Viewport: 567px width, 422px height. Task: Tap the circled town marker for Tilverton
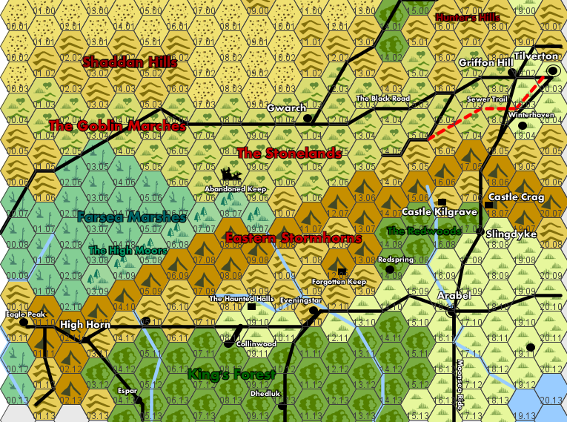click(552, 71)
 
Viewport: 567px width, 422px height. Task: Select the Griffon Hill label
click(485, 63)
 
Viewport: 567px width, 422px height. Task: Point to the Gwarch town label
click(286, 108)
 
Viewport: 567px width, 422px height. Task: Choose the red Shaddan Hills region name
click(130, 62)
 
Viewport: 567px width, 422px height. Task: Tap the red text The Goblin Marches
click(117, 126)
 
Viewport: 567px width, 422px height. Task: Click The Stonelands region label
click(289, 154)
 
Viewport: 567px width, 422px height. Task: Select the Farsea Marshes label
click(130, 217)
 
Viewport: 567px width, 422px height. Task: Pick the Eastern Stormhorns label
click(293, 238)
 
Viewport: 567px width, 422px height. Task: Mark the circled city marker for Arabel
click(451, 313)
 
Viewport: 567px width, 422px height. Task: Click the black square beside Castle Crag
click(488, 205)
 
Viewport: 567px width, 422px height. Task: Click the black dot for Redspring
click(390, 269)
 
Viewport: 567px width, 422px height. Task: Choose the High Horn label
click(85, 325)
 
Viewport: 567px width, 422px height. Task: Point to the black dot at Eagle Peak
click(24, 323)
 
